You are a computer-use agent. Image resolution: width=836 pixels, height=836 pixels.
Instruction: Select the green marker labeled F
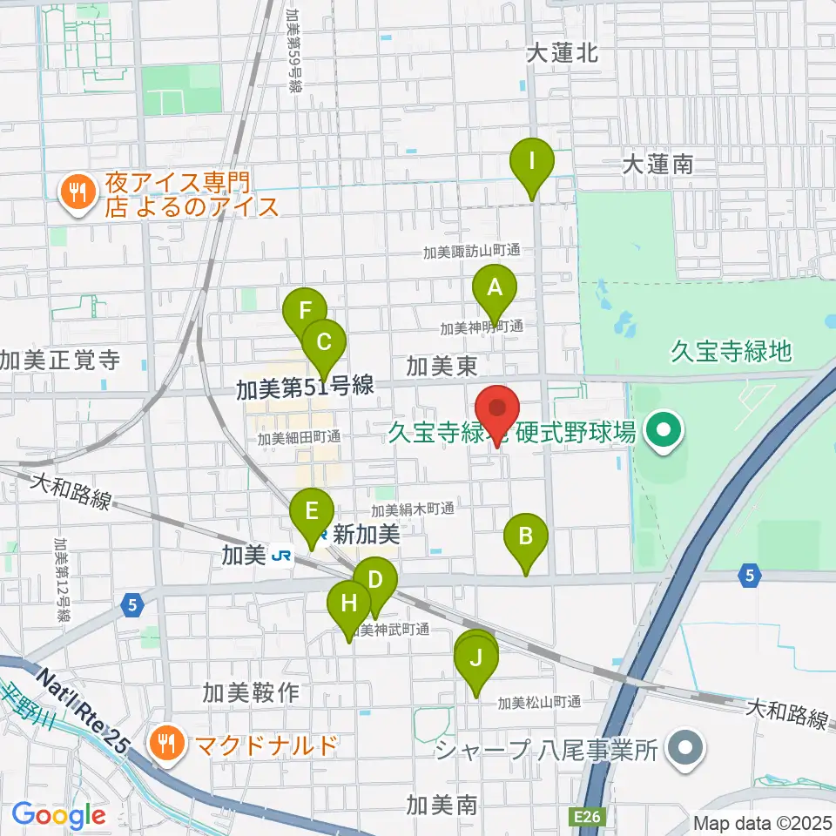[305, 312]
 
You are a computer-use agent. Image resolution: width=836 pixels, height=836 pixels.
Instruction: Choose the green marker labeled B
[526, 537]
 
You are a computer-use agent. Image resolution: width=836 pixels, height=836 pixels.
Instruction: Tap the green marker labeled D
[375, 582]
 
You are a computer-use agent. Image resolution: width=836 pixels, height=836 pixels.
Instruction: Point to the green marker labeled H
[348, 603]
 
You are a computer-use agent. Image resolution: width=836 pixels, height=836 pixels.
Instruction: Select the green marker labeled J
[475, 659]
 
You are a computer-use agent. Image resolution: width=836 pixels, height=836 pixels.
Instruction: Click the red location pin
[497, 409]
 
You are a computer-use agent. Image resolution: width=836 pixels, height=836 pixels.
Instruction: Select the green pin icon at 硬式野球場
[664, 429]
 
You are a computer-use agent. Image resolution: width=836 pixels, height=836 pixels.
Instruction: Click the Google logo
[58, 816]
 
